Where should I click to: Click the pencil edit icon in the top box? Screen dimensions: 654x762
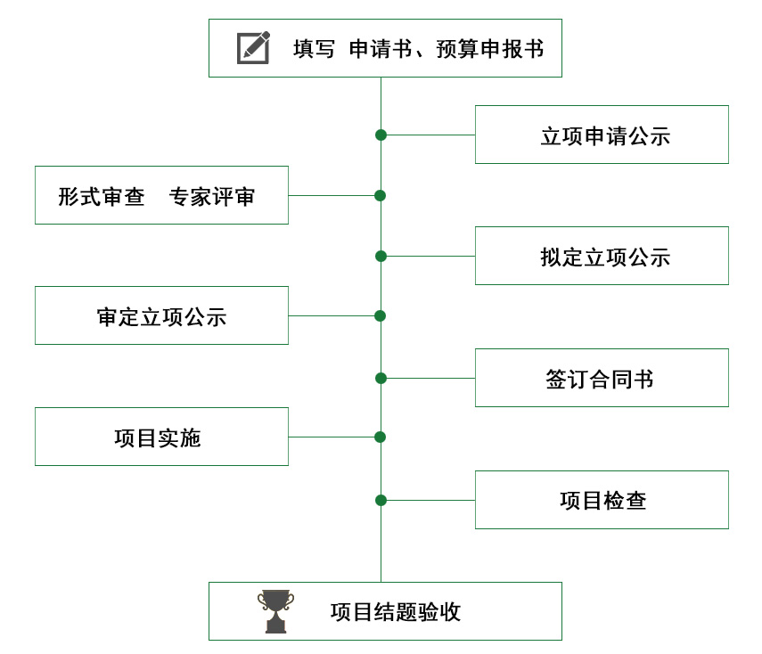click(x=253, y=48)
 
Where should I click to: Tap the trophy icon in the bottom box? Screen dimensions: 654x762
click(x=275, y=611)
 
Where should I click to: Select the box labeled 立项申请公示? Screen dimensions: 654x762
click(x=602, y=135)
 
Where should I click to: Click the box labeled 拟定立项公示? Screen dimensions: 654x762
click(x=602, y=256)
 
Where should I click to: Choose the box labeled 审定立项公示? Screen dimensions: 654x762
click(x=161, y=315)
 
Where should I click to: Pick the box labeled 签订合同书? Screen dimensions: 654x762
click(x=602, y=378)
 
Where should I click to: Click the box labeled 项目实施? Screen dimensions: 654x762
click(x=161, y=437)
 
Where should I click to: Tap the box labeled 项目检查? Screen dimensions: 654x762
click(x=602, y=500)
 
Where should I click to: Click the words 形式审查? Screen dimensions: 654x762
click(x=102, y=196)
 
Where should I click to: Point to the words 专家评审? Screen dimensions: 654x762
click(x=212, y=196)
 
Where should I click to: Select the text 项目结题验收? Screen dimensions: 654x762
click(x=395, y=612)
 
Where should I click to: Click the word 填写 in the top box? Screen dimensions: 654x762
click(x=314, y=49)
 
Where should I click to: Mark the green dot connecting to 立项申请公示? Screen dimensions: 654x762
click(x=381, y=135)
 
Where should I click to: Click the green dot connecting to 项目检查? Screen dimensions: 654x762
click(x=381, y=500)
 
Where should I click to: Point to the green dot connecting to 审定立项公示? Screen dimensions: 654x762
click(x=380, y=315)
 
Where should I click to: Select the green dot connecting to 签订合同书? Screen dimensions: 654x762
click(x=381, y=378)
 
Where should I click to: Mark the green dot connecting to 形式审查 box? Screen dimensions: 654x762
click(x=380, y=195)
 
